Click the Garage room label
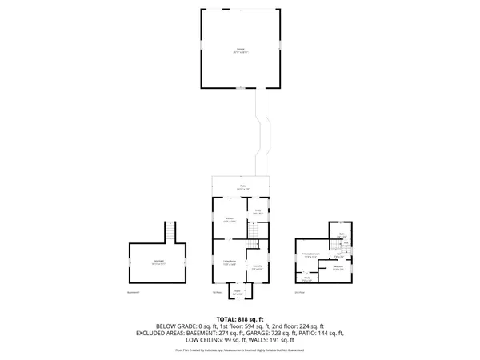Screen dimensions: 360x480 241,50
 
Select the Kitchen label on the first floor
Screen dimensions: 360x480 229,219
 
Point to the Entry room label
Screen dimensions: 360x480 258,213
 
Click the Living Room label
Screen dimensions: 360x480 229,262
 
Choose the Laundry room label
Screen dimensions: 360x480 257,267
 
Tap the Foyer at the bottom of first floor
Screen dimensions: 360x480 237,293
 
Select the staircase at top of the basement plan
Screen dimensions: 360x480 170,233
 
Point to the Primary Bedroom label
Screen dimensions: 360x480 312,255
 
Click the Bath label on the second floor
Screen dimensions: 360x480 341,235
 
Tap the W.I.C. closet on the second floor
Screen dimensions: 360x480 306,278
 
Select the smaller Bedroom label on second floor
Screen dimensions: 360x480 338,267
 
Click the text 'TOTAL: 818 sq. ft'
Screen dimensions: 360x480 240,318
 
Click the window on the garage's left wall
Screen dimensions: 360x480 201,48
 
